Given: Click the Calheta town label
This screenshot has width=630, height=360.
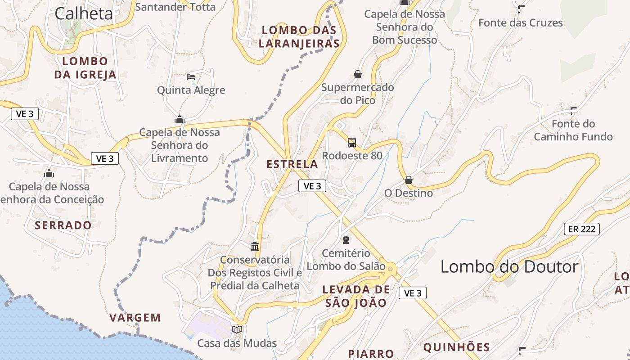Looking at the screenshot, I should pos(84,13).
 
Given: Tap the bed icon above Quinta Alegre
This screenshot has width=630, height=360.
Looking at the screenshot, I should pos(191,77).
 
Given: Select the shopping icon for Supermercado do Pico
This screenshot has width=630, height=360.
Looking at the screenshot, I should pos(358,74).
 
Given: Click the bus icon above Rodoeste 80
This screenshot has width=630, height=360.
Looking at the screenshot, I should pos(352,143).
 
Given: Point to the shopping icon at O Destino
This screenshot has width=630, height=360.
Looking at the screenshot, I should pos(409,180).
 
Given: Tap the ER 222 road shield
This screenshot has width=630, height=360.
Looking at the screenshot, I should pos(582,229).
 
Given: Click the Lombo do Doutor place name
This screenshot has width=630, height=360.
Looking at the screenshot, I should pos(509,267).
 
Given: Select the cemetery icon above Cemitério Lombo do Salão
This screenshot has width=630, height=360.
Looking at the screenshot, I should pos(346,240).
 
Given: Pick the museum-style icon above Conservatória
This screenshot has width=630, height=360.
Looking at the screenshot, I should pos(255,246).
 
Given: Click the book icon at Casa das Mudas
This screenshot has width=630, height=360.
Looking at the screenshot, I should pos(237,329).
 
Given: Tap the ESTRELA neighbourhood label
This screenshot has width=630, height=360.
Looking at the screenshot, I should pos(292,164).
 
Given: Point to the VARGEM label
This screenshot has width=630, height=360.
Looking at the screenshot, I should pos(135,318).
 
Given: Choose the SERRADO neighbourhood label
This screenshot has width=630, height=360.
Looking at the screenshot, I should pos(63,225).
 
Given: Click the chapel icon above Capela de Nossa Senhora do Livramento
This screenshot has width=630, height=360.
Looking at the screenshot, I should pos(180,119).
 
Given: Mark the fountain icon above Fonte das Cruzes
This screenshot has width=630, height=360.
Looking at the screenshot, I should pos(521,9).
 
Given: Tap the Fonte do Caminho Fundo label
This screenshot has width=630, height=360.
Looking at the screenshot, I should pos(573,130).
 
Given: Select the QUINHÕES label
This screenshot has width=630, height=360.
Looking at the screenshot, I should pos(456,347).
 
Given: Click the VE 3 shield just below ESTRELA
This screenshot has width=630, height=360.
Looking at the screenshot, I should pos(312,186).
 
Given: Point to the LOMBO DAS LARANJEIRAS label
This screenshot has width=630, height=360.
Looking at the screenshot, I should pos(299,37).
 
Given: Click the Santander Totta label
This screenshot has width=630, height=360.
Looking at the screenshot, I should pos(175,7).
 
